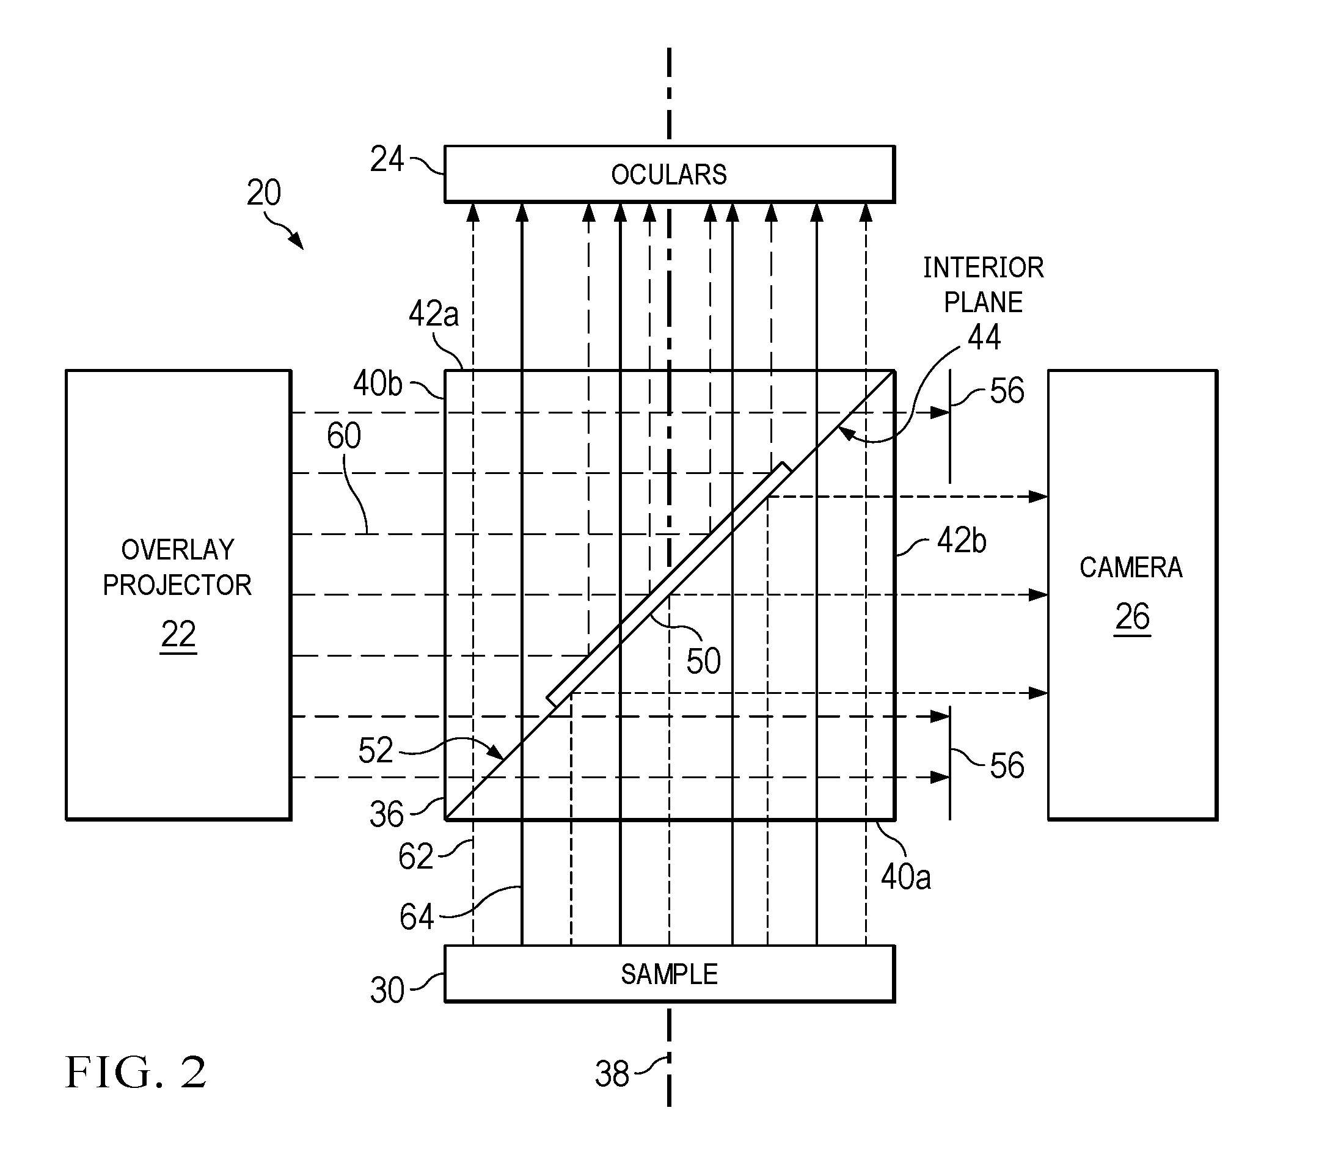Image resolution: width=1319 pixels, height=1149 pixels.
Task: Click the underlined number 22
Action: pos(178,635)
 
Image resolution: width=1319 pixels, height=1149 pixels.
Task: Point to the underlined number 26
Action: pos(1133,618)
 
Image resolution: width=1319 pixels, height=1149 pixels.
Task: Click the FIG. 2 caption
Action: pos(136,1072)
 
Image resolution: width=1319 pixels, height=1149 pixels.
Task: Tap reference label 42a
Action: pos(434,314)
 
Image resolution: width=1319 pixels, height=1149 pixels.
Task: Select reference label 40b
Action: pos(378,384)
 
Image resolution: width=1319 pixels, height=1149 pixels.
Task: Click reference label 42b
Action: pos(961,541)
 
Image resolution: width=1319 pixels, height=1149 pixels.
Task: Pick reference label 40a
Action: pos(905,877)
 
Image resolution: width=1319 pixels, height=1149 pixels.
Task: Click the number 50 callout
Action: pos(703,661)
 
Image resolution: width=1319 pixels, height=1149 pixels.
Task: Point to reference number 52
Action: pos(375,750)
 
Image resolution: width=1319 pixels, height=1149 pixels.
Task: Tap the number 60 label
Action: pos(344,436)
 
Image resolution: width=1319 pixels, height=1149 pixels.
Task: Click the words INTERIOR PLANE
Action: pos(983,285)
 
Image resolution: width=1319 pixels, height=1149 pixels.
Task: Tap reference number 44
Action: pos(984,337)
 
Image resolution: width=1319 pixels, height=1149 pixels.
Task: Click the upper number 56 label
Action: pos(1007,391)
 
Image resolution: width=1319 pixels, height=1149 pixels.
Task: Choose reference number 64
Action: pos(417,917)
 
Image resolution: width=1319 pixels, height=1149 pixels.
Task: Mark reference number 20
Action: pos(263,192)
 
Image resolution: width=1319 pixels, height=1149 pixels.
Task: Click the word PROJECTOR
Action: pos(178,585)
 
